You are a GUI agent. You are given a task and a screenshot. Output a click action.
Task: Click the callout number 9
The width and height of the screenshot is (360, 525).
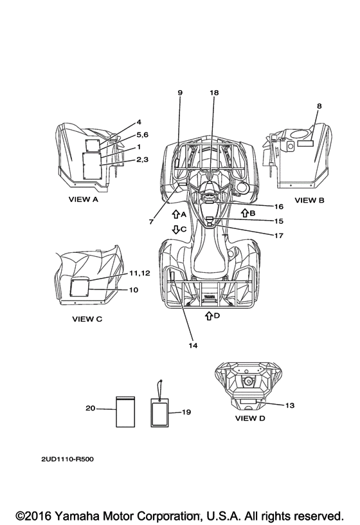180,93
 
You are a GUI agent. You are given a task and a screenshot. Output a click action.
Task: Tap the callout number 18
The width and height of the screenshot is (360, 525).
214,93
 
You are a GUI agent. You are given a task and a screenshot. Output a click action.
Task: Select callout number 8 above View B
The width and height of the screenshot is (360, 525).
319,106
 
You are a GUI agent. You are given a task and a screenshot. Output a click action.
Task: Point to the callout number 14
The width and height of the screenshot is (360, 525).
193,345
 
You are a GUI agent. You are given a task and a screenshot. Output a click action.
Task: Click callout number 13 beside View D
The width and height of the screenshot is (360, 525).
290,405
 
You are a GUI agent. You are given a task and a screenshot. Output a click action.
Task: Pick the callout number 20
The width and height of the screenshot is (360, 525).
91,408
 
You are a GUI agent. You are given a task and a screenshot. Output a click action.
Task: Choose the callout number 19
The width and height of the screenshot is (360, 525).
186,412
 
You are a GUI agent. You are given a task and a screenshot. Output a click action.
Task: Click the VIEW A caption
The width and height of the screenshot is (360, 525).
84,199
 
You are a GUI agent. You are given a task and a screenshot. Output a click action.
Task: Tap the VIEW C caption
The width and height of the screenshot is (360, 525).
87,319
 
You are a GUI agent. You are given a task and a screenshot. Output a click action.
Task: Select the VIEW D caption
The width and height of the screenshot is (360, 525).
250,418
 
